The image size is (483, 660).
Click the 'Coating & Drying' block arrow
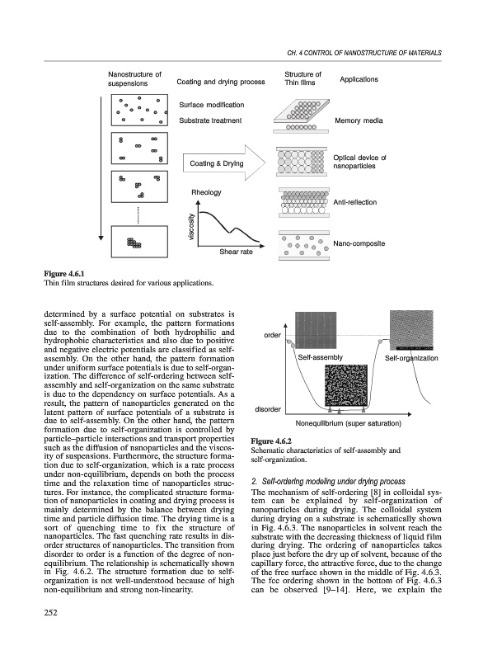click(224, 163)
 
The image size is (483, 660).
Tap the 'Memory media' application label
click(359, 120)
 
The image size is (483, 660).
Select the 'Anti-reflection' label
click(354, 202)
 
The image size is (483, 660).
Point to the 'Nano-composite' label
click(359, 243)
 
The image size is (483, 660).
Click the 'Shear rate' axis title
click(236, 252)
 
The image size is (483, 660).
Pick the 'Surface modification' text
click(212, 105)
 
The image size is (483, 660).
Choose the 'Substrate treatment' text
click(210, 120)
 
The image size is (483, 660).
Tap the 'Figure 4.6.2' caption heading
click(271, 441)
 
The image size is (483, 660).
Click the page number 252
click(50, 612)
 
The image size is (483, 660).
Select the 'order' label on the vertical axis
click(272, 335)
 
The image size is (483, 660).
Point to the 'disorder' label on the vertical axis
click(268, 409)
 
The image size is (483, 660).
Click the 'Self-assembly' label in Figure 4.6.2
click(321, 357)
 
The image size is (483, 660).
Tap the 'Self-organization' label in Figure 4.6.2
click(411, 358)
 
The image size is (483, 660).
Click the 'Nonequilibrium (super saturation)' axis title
click(348, 423)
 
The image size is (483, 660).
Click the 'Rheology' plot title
click(206, 192)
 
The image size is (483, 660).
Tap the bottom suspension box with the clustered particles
click(139, 242)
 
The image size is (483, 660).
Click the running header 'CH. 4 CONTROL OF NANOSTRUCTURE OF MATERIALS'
click(364, 53)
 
